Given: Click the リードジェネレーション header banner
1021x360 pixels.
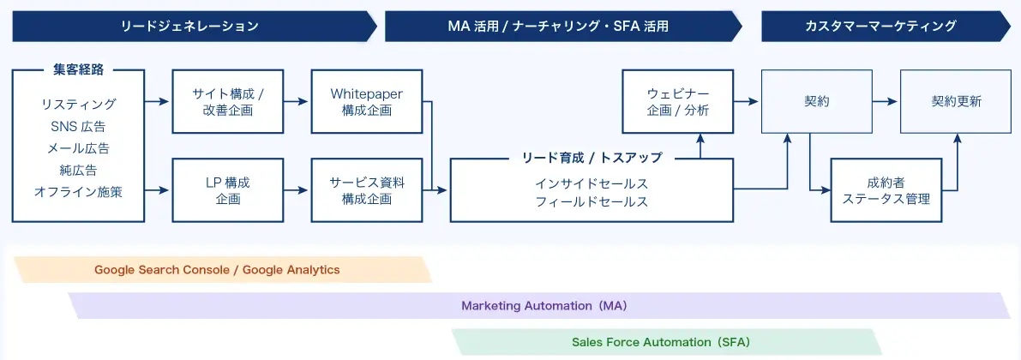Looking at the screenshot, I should click(189, 27).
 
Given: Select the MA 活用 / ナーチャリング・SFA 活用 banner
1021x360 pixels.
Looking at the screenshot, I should click(558, 27).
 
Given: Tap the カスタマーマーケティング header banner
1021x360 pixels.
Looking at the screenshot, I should click(880, 27).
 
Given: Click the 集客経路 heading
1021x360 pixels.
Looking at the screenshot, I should click(78, 70).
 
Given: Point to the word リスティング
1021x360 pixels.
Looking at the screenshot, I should click(78, 105).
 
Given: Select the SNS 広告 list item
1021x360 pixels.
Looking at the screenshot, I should click(78, 127).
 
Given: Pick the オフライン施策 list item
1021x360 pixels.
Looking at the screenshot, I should click(78, 192).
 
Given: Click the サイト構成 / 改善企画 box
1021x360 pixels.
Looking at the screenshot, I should click(228, 102).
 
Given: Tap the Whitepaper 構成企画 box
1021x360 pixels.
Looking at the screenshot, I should click(366, 102).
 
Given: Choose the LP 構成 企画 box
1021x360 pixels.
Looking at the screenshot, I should click(228, 190).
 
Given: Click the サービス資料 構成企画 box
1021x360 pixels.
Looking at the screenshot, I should click(366, 190).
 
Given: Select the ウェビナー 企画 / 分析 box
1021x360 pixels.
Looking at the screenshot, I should click(678, 102).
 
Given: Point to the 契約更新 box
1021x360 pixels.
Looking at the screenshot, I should click(956, 102).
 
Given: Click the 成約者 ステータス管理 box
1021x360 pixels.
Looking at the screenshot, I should click(886, 190).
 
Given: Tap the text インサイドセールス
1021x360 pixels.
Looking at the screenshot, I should click(592, 183).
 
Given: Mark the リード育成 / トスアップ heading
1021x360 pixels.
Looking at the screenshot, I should click(592, 158).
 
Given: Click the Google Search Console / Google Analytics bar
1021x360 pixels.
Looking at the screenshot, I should click(218, 270).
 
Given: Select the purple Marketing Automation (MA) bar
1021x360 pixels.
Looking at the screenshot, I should click(538, 306).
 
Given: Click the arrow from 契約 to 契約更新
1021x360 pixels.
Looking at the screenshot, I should click(885, 102).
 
